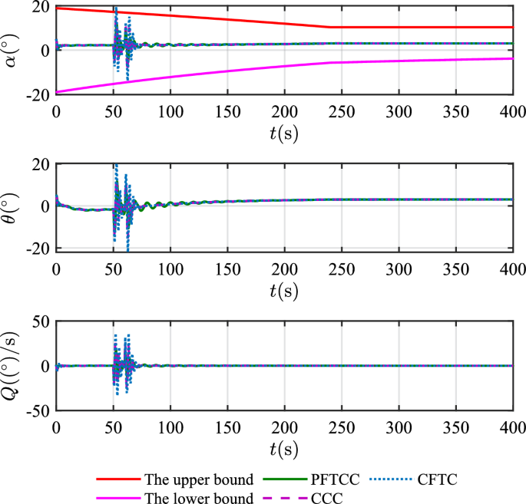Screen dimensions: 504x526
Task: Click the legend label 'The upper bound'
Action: tap(199, 480)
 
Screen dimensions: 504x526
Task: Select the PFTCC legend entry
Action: tap(339, 480)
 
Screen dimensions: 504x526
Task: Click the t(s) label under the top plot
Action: tap(284, 133)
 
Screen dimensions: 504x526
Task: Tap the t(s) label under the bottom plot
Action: tap(284, 449)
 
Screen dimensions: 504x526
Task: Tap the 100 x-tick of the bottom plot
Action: tap(170, 427)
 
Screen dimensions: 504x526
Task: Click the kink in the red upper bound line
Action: tap(330, 28)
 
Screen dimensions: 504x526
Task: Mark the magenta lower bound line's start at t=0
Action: tap(56, 92)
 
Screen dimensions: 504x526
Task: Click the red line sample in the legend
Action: tap(118, 480)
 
